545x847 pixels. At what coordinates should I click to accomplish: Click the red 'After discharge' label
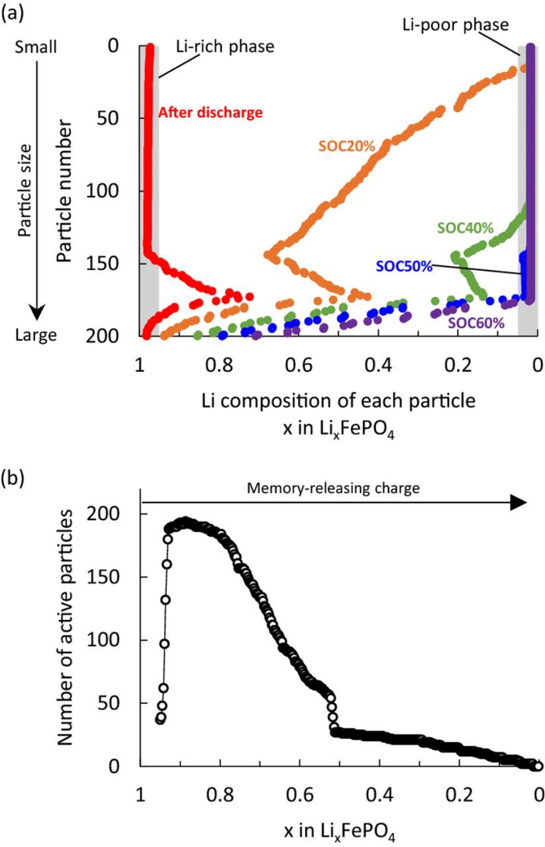pos(211,112)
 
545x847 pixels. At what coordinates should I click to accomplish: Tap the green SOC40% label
pos(466,228)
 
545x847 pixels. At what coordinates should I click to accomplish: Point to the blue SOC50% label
pos(404,267)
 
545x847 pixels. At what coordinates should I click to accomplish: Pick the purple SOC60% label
pos(476,324)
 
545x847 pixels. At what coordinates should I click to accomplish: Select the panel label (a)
pos(12,11)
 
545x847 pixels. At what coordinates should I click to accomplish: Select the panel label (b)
pos(12,476)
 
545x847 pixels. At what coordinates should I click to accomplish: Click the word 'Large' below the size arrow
pos(36,336)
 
